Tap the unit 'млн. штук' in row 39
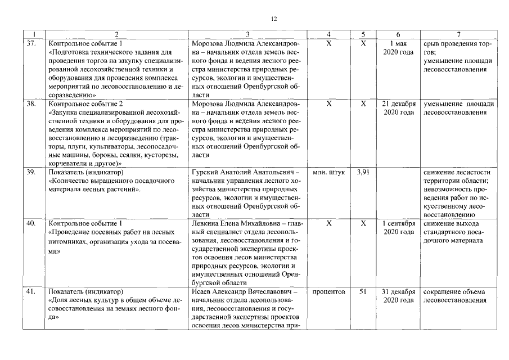tap(329, 172)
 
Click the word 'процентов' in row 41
tap(329, 291)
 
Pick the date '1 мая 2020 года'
tap(398, 47)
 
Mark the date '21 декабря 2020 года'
tap(398, 109)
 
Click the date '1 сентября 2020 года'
tap(398, 228)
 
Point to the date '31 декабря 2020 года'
tap(398, 296)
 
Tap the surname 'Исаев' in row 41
tap(202, 291)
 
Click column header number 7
tap(459, 34)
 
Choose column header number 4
tap(329, 34)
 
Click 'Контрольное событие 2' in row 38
tap(86, 104)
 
